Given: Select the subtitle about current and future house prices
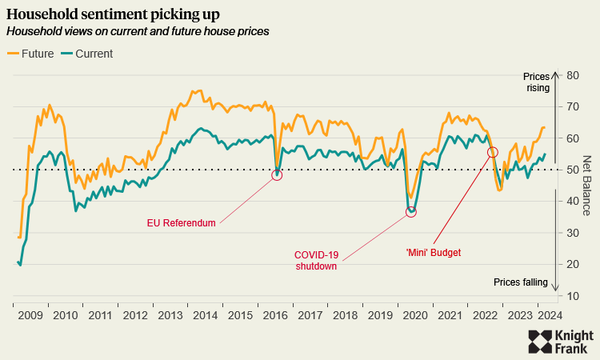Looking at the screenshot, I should pos(137,31).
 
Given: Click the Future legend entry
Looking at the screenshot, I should pos(31,54).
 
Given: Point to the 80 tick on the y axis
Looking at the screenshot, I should pos(572,75).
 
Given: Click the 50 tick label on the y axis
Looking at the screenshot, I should pos(572,170).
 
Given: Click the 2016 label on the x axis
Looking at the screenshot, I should pos(274,315).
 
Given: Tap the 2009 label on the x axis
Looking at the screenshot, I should pos(30,315).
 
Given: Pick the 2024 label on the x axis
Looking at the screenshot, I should pos(548,315).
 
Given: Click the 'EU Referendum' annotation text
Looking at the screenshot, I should pos(181,223).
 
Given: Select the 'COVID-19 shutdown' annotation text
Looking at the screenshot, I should pos(317,261).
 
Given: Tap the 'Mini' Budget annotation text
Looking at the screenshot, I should pos(434,253).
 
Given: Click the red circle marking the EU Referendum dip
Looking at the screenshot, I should pos(277,174).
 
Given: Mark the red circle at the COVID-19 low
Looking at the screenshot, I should pos(411,212).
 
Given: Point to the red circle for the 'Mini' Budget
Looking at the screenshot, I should pos(493,152).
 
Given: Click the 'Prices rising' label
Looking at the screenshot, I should pos(536,82).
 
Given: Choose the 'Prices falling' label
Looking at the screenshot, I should pos(520,282).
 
